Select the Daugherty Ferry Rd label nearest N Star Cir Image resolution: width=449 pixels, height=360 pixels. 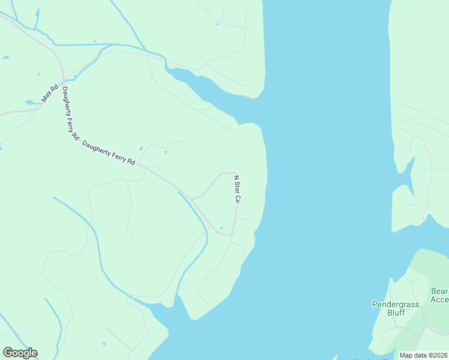108,153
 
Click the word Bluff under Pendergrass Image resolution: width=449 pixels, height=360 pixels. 396,313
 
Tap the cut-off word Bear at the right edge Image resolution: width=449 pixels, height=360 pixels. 439,292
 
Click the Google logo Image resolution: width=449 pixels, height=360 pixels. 20,353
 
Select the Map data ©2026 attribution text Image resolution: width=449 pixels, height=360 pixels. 423,355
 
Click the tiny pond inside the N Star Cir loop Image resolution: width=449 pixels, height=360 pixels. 221,228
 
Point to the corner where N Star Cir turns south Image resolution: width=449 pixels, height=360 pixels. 234,174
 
